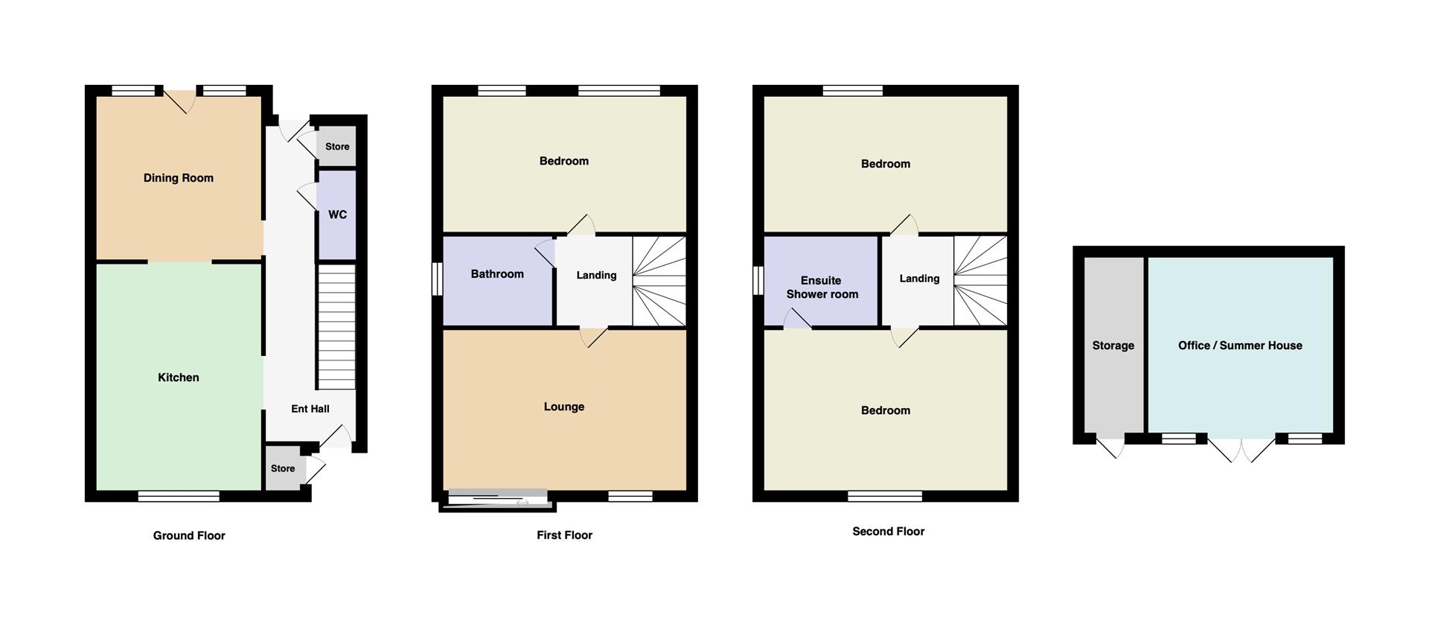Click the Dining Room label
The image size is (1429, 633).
coord(179,178)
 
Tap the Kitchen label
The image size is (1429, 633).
coord(179,378)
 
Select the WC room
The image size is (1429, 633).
coord(336,214)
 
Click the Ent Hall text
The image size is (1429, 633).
coord(310,409)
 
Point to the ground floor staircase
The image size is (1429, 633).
coord(336,328)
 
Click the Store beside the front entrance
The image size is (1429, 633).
coord(283,468)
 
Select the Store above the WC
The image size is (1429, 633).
coord(337,147)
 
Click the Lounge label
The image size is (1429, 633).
coord(564,407)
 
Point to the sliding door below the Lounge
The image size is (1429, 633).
coord(497,500)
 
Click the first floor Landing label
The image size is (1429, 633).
coord(597,276)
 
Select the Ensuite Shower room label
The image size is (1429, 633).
coord(822,287)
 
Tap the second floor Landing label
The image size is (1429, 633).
coord(920,279)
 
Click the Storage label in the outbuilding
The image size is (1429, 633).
coord(1113,346)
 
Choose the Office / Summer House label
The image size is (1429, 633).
coord(1240,346)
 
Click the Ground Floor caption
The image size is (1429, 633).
coord(189,535)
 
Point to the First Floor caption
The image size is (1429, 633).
coord(565,535)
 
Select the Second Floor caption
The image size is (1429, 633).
coord(889,531)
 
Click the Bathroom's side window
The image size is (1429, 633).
coord(438,280)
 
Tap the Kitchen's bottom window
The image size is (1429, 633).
coord(179,496)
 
